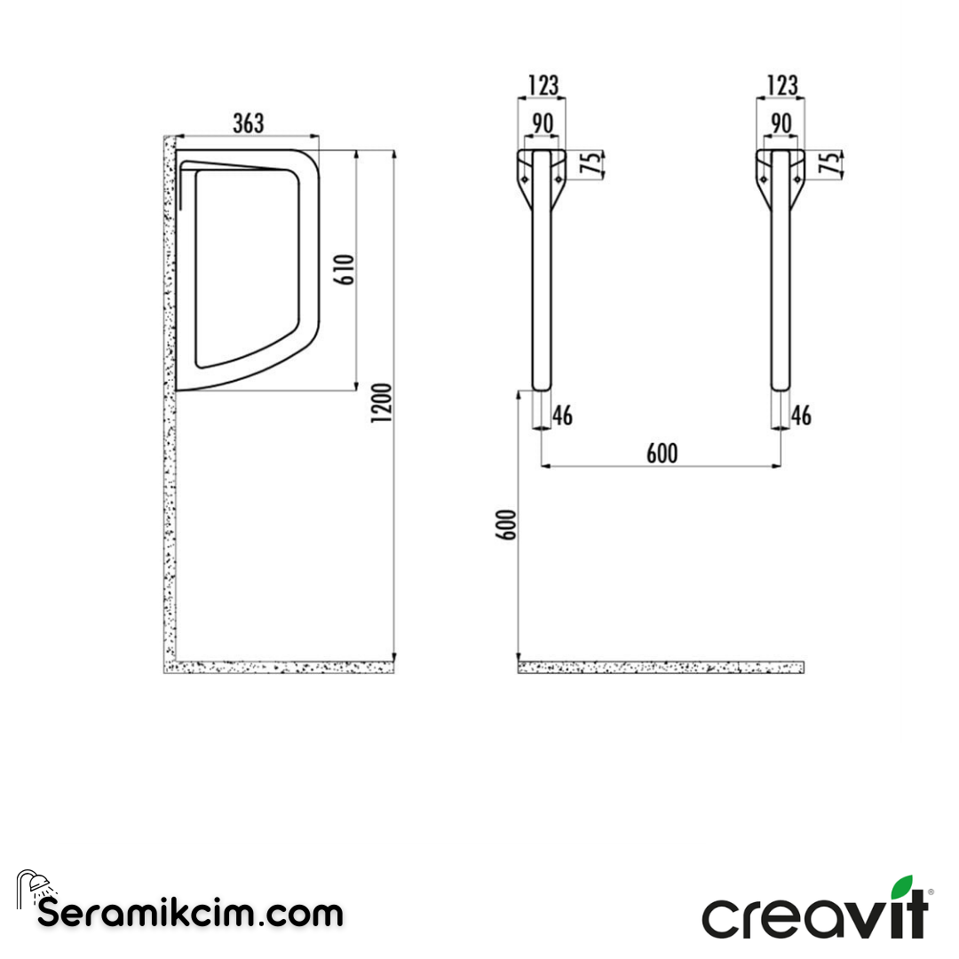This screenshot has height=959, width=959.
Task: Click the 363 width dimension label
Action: tap(249, 123)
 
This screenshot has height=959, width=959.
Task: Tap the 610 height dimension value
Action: tap(346, 269)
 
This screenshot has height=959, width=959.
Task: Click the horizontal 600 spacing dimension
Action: tap(662, 453)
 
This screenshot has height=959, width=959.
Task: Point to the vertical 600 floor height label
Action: tap(507, 525)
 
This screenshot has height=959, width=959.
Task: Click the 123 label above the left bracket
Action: tap(543, 85)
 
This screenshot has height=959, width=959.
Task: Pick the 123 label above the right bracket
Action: tap(781, 85)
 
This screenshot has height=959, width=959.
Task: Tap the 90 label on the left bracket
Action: tap(543, 123)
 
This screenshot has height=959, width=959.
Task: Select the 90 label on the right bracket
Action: tap(781, 123)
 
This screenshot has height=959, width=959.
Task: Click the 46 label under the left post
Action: tap(563, 416)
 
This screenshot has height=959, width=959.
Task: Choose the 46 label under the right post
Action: tap(801, 416)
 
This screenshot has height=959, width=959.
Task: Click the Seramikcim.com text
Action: tap(190, 913)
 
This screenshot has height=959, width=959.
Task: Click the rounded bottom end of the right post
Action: tap(780, 384)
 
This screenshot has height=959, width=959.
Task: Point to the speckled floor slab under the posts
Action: tap(662, 667)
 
